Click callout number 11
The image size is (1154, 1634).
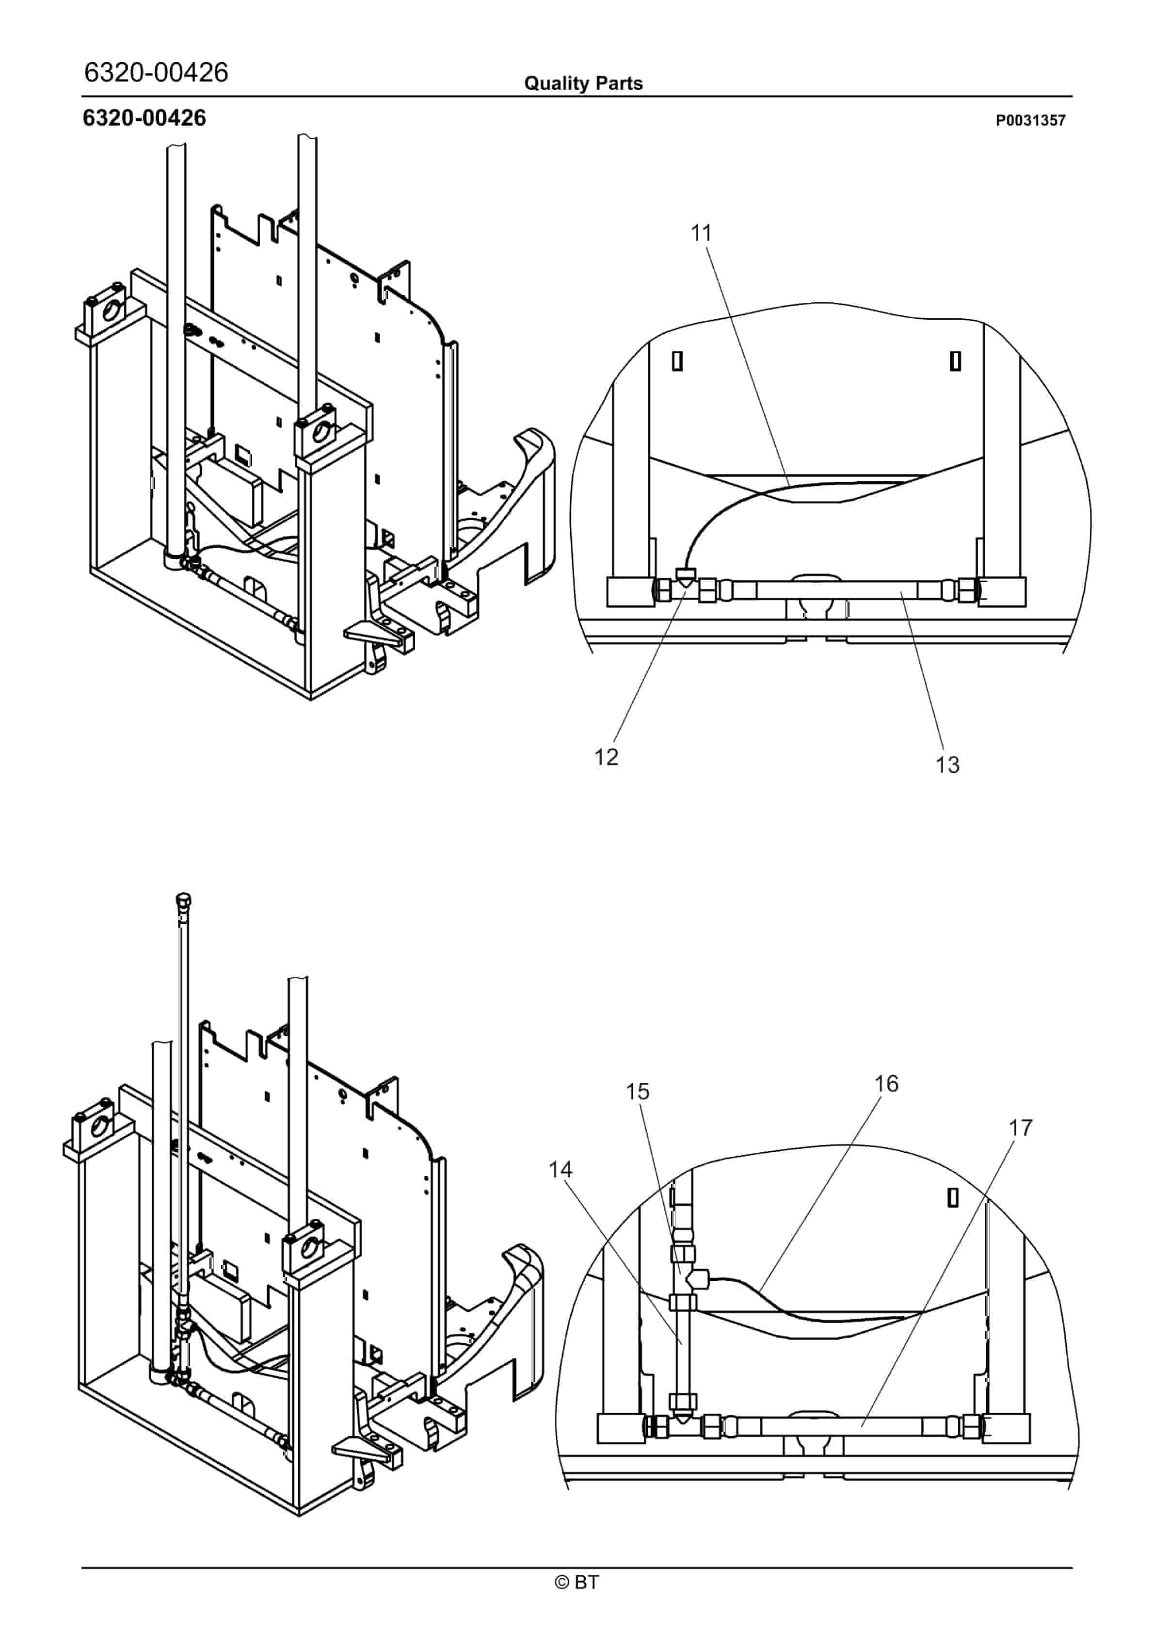[x=702, y=233]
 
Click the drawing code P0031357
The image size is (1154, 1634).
[x=1030, y=120]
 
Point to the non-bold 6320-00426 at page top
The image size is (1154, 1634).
[x=157, y=72]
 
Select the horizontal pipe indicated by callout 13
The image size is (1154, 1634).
[x=841, y=590]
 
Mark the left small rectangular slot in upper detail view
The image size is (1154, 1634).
[x=677, y=361]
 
